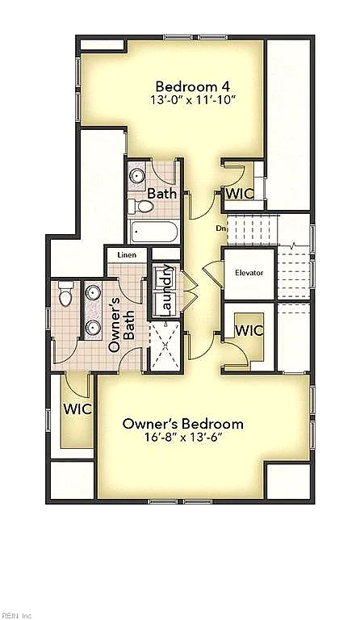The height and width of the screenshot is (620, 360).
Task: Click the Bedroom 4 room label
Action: tap(193, 86)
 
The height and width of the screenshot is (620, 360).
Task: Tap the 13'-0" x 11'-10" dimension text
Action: tap(193, 100)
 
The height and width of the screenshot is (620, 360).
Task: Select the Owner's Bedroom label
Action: tap(183, 424)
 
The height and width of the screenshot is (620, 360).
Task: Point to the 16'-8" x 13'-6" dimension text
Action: tap(183, 438)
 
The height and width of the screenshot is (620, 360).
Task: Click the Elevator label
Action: tap(249, 273)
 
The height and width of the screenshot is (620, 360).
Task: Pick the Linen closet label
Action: tap(127, 255)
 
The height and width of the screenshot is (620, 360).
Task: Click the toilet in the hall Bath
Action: tap(140, 206)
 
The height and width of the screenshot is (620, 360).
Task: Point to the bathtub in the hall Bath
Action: tap(154, 232)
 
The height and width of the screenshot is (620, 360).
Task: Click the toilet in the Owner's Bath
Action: tap(65, 293)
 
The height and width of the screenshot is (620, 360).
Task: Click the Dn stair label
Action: tap(220, 228)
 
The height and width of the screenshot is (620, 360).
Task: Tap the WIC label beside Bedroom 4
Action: tap(240, 194)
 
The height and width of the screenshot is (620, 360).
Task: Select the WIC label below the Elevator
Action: tap(249, 330)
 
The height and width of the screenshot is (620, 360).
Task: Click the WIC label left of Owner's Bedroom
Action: tap(77, 408)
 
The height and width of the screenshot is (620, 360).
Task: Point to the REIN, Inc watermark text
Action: tap(16, 616)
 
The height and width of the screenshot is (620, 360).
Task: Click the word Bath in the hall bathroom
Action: tap(162, 194)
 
